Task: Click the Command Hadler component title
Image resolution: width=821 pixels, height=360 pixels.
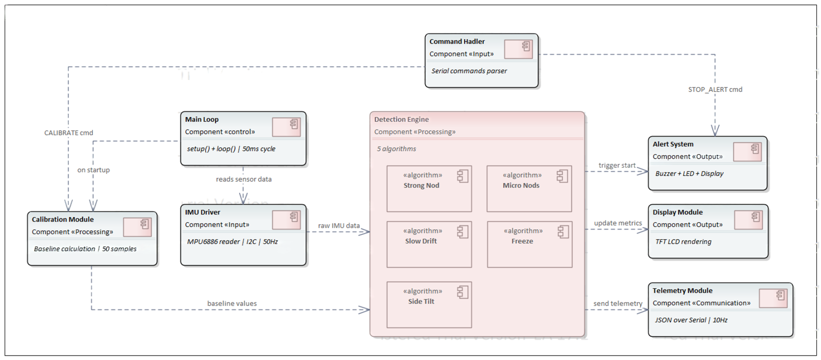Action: click(x=457, y=41)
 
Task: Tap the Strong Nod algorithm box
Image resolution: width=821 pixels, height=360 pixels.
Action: click(x=429, y=189)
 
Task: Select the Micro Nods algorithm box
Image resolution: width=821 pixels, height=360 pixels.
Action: click(x=529, y=189)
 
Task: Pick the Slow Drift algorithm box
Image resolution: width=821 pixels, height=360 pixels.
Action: click(x=429, y=244)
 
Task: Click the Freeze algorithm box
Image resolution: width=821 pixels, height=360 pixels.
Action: click(x=529, y=244)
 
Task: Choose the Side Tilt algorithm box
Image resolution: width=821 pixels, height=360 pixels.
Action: click(x=429, y=304)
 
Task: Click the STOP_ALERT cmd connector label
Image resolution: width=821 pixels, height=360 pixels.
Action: click(x=715, y=89)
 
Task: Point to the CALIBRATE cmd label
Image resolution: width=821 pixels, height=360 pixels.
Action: click(x=69, y=133)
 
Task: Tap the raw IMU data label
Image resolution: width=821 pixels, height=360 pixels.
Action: click(x=338, y=225)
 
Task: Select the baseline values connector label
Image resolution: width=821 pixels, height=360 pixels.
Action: click(x=232, y=303)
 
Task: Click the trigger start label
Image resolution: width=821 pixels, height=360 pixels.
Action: click(x=617, y=165)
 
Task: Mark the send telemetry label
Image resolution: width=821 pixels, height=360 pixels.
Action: click(x=617, y=303)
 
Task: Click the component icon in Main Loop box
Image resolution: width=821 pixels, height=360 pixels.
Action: click(x=286, y=127)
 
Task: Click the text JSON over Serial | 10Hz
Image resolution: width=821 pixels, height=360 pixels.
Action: click(x=691, y=320)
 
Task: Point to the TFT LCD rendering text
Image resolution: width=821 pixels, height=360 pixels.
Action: click(x=683, y=241)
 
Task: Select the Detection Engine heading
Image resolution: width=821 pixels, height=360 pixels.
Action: click(x=401, y=119)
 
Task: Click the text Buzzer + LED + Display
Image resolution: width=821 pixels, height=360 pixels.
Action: click(x=689, y=173)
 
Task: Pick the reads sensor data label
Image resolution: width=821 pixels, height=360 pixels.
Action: click(x=243, y=179)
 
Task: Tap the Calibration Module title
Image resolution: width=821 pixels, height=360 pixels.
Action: click(x=62, y=219)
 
